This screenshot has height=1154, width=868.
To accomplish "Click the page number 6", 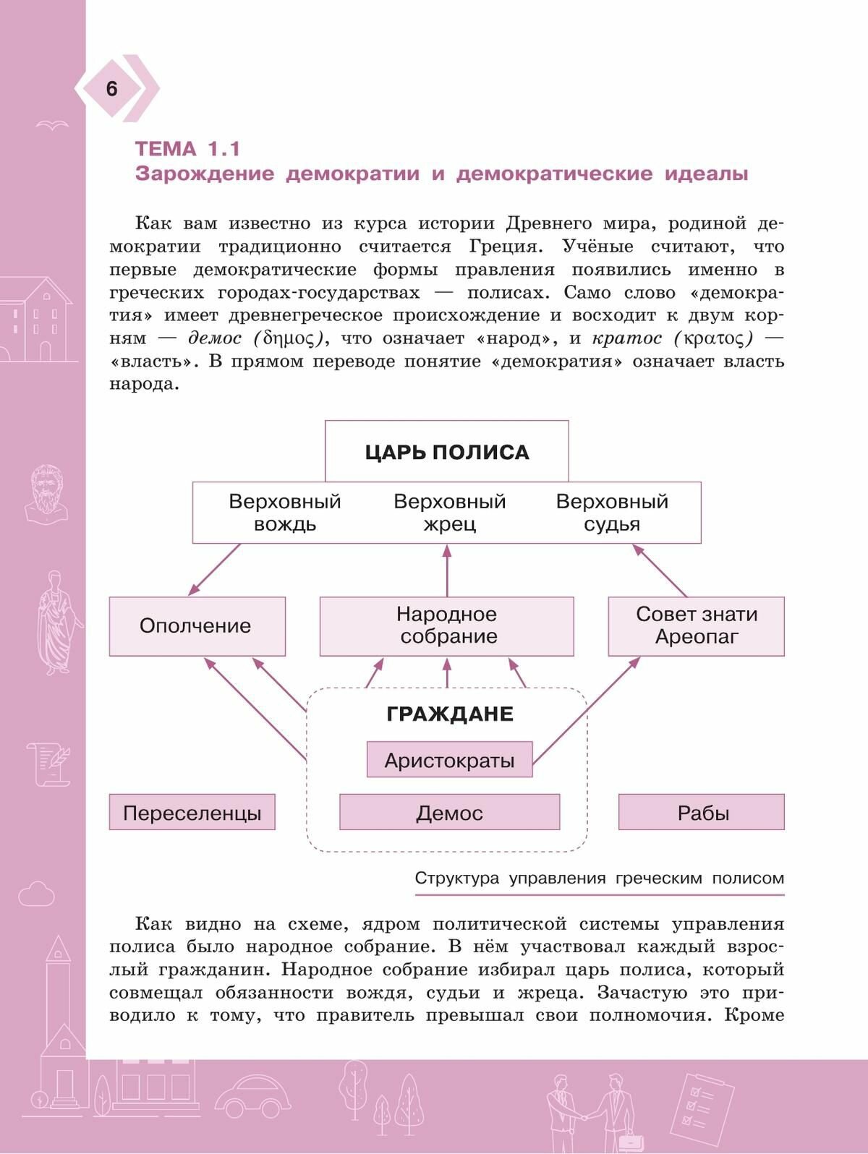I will tap(111, 89).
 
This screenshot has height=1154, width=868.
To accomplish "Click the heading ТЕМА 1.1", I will tap(187, 149).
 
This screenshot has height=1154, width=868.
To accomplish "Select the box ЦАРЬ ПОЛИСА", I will tap(446, 452).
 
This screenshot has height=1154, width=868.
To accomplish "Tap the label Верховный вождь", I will tap(284, 512).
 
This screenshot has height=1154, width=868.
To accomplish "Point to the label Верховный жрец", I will tap(449, 512).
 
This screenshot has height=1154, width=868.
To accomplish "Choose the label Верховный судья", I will tap(612, 512).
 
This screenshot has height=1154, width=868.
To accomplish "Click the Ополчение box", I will tap(197, 626).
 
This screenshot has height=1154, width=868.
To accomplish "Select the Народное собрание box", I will tap(446, 626).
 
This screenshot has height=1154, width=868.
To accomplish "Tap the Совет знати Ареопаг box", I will tap(696, 626).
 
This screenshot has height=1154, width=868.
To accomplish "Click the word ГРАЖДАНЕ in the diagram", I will tap(449, 714).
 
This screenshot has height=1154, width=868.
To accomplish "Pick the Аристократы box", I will tap(449, 760).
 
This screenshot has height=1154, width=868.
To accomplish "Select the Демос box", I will tap(449, 813).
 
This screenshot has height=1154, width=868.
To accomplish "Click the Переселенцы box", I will tap(192, 813).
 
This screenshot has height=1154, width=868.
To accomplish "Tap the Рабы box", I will tap(702, 813).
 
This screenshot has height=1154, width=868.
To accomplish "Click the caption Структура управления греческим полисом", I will tap(599, 879).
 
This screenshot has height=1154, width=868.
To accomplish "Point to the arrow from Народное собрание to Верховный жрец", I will tap(446, 571).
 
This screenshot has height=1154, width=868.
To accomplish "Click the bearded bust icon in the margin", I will tap(47, 493).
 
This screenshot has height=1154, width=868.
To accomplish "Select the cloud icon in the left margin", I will tap(36, 894).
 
